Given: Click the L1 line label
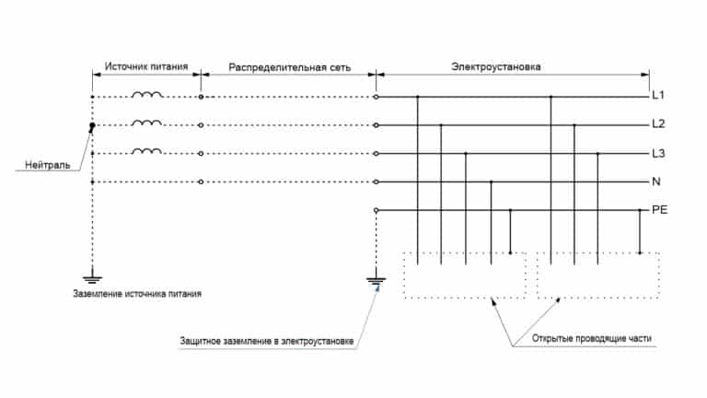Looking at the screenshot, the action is click(x=658, y=95).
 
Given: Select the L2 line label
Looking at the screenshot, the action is click(x=659, y=123).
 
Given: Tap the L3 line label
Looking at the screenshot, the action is click(x=659, y=154).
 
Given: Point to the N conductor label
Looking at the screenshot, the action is click(x=656, y=181).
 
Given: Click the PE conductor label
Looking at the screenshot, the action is click(x=660, y=210).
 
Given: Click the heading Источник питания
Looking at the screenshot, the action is click(x=146, y=66).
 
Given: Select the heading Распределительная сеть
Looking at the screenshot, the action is click(x=289, y=67).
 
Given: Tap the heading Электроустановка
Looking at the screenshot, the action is click(x=496, y=66).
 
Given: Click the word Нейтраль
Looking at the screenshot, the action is click(x=47, y=165).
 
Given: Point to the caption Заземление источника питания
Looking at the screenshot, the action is click(x=137, y=294).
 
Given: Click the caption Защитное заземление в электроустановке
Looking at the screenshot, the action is click(x=266, y=341).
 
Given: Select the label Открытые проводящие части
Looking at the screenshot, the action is click(x=592, y=338).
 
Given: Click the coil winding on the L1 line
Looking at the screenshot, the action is click(x=147, y=94).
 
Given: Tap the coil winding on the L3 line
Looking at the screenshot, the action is click(x=147, y=151).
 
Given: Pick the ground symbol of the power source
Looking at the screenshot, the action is click(x=92, y=279).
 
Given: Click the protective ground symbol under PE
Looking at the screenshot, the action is click(x=376, y=281).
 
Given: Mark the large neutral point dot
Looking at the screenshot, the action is click(x=92, y=125).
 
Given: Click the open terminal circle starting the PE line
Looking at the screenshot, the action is click(x=376, y=210).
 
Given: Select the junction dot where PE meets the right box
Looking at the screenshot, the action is click(x=640, y=253).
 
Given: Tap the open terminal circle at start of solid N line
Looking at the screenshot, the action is click(x=376, y=181).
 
